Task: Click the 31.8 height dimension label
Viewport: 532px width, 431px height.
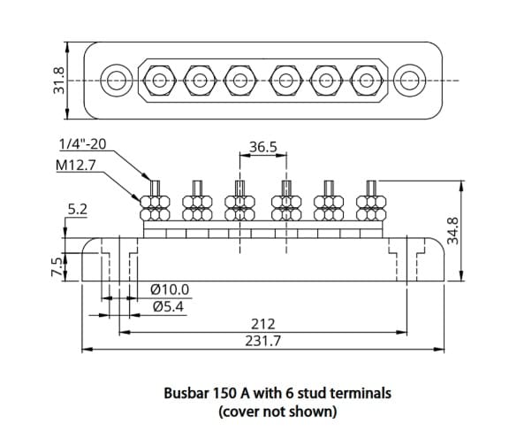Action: pyautogui.click(x=58, y=81)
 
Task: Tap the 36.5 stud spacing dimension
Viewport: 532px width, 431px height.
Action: pyautogui.click(x=263, y=147)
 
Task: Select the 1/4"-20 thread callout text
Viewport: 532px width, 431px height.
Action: pyautogui.click(x=83, y=144)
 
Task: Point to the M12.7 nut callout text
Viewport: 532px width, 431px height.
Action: pyautogui.click(x=76, y=165)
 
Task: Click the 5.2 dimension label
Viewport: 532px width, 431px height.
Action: pyautogui.click(x=78, y=210)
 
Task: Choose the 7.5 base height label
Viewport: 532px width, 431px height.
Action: pyautogui.click(x=57, y=266)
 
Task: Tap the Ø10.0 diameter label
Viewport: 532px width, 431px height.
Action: pyautogui.click(x=170, y=289)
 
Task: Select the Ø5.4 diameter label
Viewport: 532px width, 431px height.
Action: pyautogui.click(x=168, y=307)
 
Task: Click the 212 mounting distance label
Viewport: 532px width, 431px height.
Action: pyautogui.click(x=263, y=324)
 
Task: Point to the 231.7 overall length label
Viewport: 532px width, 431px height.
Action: pyautogui.click(x=263, y=341)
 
